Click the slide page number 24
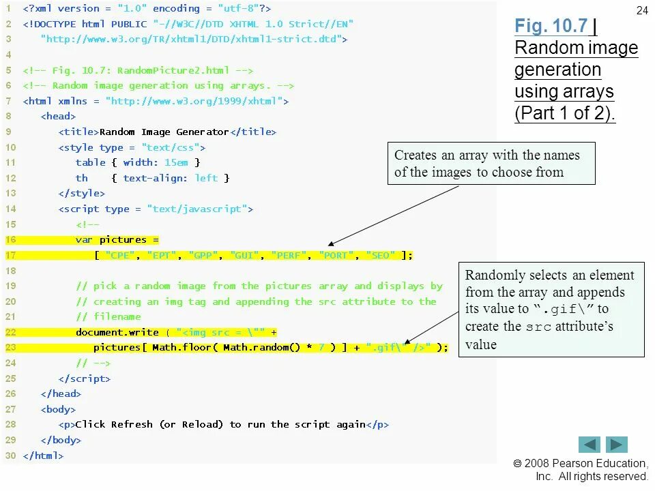tap(641, 10)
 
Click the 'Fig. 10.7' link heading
tap(551, 26)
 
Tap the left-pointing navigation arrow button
tap(589, 445)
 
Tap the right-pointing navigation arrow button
tap(617, 445)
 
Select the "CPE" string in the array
tap(122, 256)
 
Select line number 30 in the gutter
tap(10, 456)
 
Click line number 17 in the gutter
tap(10, 256)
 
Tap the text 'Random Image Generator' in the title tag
tap(164, 132)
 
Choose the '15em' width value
tap(176, 162)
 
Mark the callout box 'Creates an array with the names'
tap(491, 164)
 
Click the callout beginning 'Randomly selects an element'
tap(551, 310)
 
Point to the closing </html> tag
tap(43, 456)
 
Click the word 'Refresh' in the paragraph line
tap(133, 424)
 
